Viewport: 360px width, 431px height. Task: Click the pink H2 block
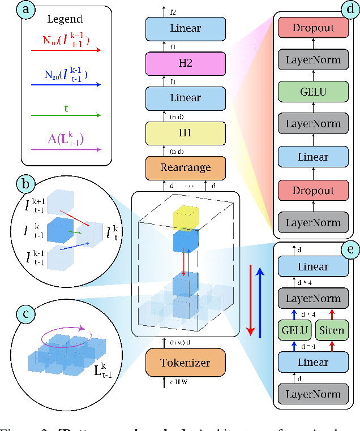point(185,63)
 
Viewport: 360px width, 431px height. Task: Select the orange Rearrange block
point(185,168)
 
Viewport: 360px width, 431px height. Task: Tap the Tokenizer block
point(185,363)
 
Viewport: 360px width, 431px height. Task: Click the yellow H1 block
point(185,133)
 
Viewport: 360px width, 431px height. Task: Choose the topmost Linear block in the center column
point(185,28)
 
